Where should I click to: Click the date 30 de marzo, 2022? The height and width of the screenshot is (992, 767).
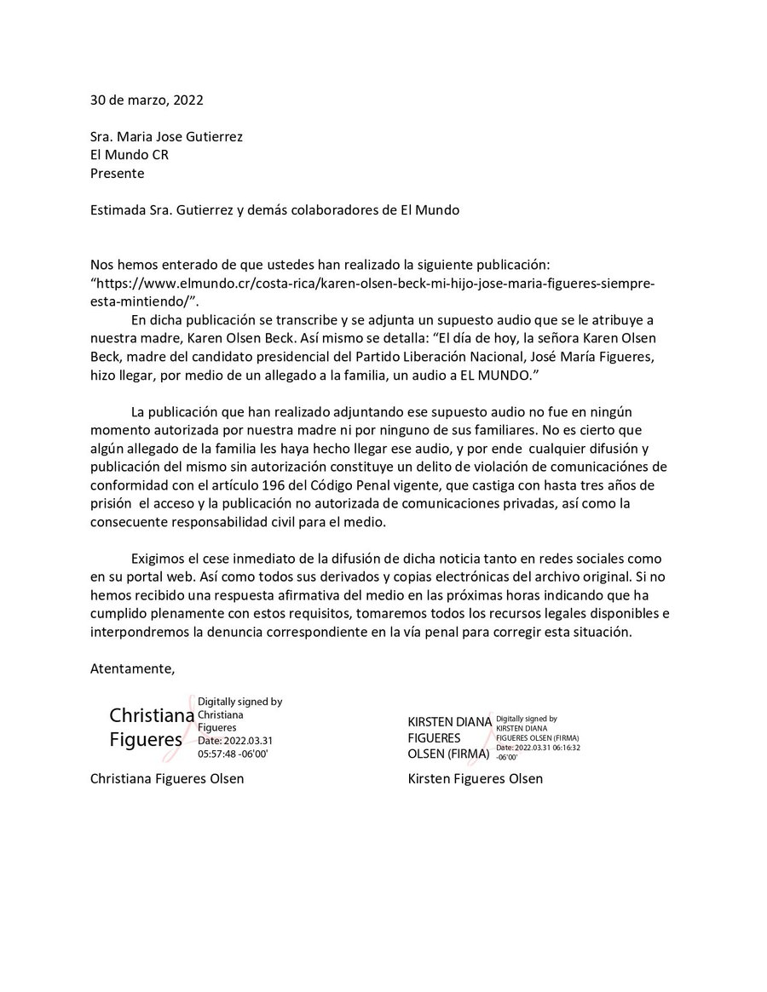click(x=147, y=100)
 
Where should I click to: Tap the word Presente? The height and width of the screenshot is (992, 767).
click(x=118, y=174)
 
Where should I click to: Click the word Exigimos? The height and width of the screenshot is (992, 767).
click(x=160, y=559)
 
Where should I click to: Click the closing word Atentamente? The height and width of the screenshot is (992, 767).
click(x=132, y=668)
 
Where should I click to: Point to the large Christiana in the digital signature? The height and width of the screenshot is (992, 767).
click(x=152, y=715)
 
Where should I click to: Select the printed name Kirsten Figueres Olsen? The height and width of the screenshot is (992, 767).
click(x=476, y=778)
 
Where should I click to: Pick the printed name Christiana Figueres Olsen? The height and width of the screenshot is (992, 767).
click(x=167, y=778)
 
